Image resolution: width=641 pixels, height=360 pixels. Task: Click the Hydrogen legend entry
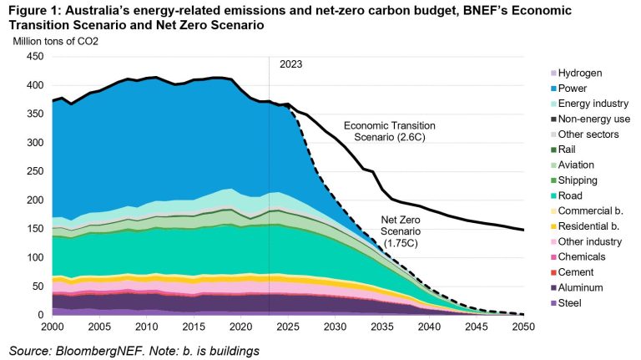click(580, 73)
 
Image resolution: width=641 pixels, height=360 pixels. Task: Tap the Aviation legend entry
click(578, 165)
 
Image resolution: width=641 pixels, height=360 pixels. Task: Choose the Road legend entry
click(572, 195)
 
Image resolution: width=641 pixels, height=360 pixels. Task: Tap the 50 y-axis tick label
click(37, 286)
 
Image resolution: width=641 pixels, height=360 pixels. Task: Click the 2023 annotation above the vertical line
click(291, 64)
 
